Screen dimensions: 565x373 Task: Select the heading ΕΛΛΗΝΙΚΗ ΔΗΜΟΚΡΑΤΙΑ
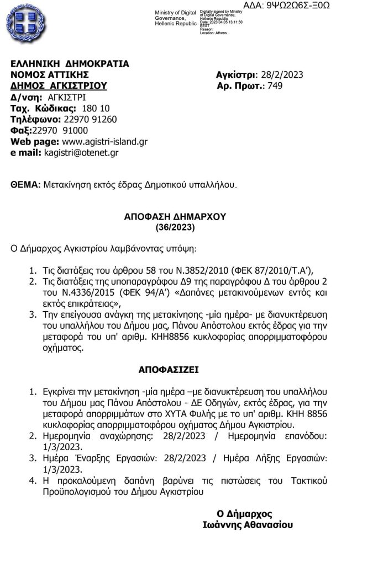click(70, 63)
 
